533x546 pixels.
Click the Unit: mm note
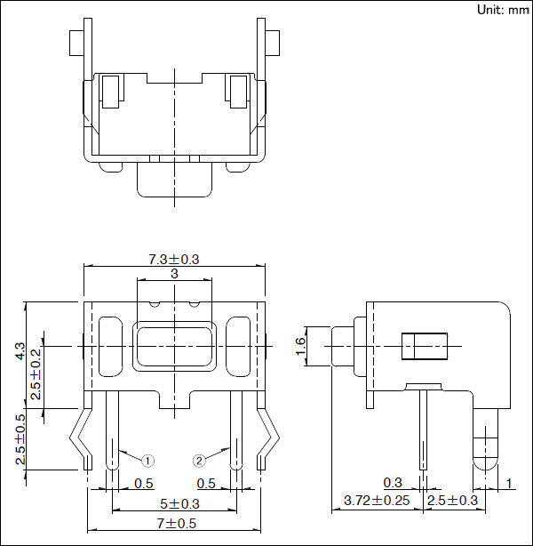[x=502, y=10]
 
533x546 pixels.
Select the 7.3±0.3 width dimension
[x=174, y=259]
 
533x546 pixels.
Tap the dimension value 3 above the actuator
[x=174, y=275]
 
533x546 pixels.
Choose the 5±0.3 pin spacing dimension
[x=174, y=504]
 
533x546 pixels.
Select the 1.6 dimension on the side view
[x=300, y=344]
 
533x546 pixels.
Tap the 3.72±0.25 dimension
[x=377, y=501]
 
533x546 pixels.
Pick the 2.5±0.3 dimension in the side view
[x=453, y=501]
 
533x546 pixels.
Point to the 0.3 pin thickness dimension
[x=392, y=483]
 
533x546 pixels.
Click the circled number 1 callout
[x=148, y=460]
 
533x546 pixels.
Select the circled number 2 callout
[x=200, y=460]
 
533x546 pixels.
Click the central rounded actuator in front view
[x=174, y=345]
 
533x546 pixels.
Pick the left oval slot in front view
[x=110, y=344]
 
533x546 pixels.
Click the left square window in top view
[x=111, y=90]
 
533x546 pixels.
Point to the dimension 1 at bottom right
[x=509, y=483]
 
